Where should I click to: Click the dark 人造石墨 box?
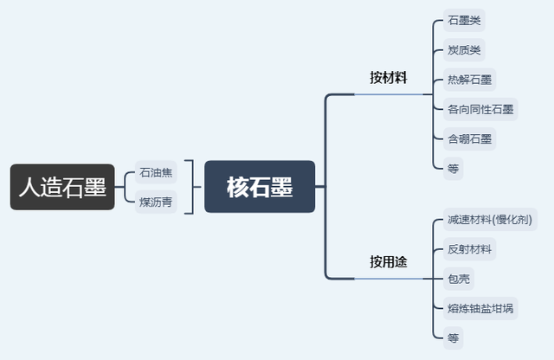62,187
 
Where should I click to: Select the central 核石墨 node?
260,187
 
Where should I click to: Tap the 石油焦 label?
156,172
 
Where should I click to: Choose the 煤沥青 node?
156,202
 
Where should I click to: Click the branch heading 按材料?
388,78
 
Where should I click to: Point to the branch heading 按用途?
388,261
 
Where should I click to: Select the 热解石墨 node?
470,80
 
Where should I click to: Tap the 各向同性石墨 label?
480,109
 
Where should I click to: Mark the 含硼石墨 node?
470,138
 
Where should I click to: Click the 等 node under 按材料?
453,169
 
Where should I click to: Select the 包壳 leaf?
459,280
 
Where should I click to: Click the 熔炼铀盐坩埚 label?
480,309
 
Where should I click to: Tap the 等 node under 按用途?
453,338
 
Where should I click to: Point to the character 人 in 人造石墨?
29,187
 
